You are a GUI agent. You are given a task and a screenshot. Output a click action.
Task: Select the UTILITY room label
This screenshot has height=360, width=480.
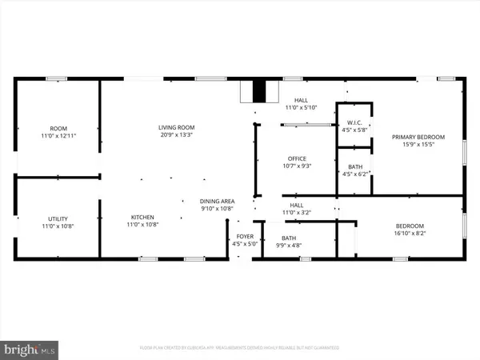58,217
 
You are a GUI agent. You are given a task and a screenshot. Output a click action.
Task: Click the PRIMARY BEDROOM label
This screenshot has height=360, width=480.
418,137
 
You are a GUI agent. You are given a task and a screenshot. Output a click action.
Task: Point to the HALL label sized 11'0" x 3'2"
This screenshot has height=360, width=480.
296,205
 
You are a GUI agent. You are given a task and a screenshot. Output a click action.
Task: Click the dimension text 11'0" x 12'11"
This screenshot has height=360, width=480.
58,136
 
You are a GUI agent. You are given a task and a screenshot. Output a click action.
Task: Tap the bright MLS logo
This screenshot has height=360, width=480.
30,348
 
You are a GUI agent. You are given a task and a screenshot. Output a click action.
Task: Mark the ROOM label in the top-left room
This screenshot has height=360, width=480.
58,128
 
